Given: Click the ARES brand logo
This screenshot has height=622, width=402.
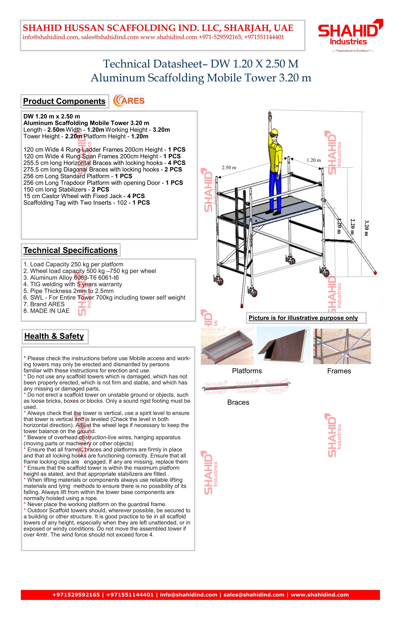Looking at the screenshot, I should (129, 101).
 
